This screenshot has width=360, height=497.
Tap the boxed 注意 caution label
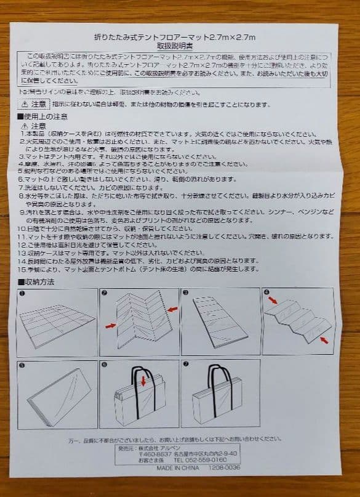[x=38, y=104]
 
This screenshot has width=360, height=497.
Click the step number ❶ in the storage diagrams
[x=22, y=293]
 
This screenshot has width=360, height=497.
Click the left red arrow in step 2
[x=111, y=325]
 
